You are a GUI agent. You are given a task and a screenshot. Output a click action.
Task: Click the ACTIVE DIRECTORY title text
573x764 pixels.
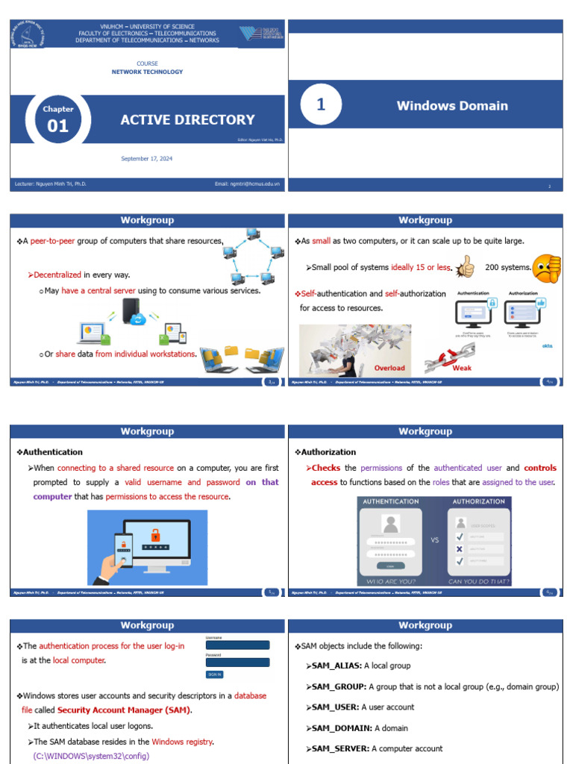tap(187, 119)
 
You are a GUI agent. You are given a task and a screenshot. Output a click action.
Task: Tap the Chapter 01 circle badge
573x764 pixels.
tap(57, 119)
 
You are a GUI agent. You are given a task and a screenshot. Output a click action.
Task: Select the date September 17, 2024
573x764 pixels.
tap(147, 158)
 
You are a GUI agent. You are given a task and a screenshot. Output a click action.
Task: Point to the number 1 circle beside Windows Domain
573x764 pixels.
tap(321, 105)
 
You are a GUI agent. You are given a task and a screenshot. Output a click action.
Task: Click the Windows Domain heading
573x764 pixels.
tap(452, 106)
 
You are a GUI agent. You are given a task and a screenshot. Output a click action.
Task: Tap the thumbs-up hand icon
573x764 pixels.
tap(466, 266)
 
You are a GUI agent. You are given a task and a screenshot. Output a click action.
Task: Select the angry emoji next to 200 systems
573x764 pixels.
tap(548, 266)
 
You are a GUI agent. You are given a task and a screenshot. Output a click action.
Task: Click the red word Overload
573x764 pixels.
tap(389, 368)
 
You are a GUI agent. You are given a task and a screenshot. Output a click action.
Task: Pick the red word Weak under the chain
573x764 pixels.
tap(462, 368)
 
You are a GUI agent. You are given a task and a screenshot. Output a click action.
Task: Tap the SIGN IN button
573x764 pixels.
tap(215, 674)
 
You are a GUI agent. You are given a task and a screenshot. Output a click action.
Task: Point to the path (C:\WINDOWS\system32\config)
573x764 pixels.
tap(91, 756)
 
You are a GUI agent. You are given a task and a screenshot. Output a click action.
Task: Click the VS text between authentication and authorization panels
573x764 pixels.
tap(434, 539)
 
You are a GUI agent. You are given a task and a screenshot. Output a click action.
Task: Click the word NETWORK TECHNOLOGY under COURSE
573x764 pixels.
tap(147, 72)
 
